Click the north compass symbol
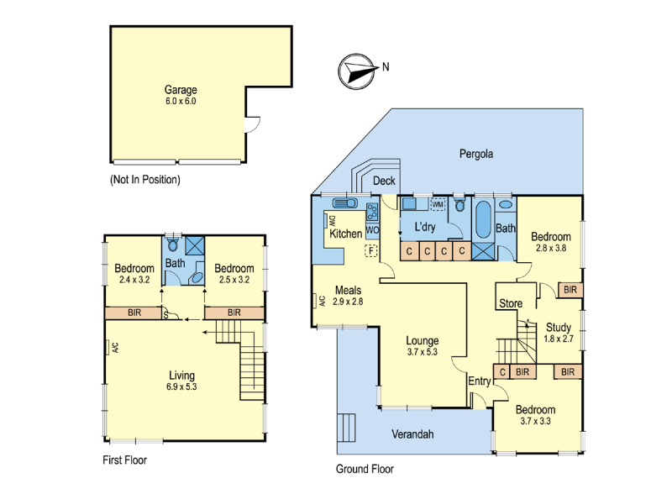(356, 71)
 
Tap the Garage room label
(181, 90)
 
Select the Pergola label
(476, 154)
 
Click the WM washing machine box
(438, 204)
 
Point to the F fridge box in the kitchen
(370, 250)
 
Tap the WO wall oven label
(372, 230)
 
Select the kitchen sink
(345, 202)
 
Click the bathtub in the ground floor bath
(484, 220)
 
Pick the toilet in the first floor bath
(173, 244)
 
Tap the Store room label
(511, 303)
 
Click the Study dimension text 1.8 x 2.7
(559, 339)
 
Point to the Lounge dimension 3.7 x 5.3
(423, 352)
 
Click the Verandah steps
(346, 427)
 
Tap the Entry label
(479, 381)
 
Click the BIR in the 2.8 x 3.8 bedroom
(570, 290)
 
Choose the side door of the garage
(253, 124)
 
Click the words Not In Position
(145, 180)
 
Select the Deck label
(384, 181)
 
